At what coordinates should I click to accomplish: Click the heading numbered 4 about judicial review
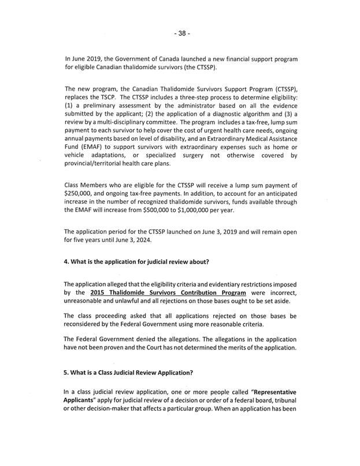[136, 261]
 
